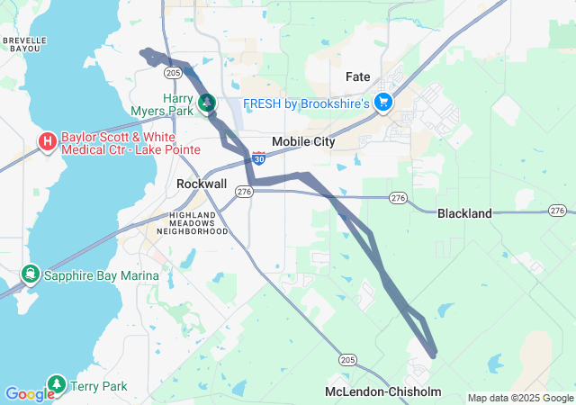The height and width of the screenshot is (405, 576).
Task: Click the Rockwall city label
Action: [202, 183]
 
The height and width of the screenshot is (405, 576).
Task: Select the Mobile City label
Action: [303, 141]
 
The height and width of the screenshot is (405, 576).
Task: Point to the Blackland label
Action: [464, 213]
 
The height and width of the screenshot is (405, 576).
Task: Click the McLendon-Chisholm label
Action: [384, 391]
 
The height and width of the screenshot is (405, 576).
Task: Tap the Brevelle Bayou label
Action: [22, 45]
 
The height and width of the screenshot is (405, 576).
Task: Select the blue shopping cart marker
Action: [384, 103]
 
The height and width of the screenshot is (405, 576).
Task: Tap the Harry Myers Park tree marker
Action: [207, 103]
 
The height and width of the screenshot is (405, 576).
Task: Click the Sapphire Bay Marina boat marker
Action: [31, 273]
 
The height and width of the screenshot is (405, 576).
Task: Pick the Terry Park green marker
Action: [57, 385]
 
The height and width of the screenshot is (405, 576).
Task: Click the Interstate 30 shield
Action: [258, 158]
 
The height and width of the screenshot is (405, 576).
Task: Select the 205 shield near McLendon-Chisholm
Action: [348, 359]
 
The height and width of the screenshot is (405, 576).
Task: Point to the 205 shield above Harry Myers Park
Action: [175, 72]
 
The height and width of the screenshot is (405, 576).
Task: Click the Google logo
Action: [30, 394]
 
